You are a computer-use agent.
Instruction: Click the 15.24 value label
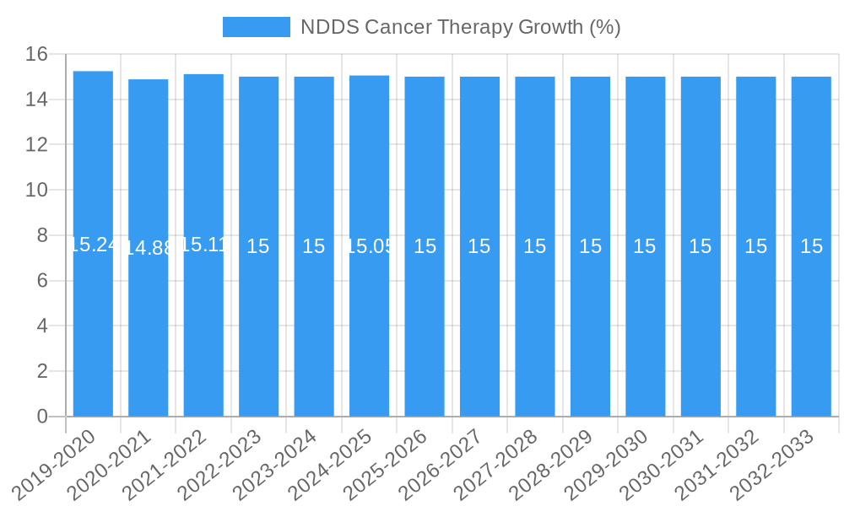pos(93,245)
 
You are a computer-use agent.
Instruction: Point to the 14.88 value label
pos(149,248)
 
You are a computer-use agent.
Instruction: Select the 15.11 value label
pos(203,245)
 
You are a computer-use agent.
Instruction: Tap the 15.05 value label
pos(369,246)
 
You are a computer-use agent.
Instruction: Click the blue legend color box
pos(256,27)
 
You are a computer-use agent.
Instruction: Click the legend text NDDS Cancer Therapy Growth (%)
pos(460,27)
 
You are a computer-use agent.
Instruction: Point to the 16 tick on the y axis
pos(36,55)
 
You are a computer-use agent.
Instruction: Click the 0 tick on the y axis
pos(42,417)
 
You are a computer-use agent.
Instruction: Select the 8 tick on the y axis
pos(42,235)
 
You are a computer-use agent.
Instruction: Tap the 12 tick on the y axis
pos(36,145)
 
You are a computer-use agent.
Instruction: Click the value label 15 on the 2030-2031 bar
pos(701,246)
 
